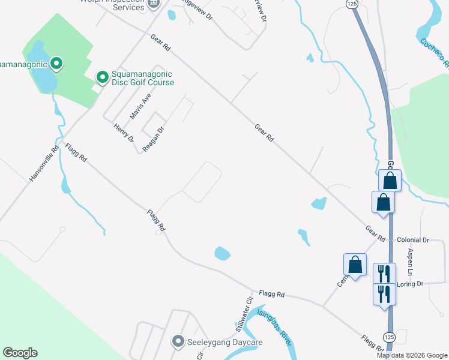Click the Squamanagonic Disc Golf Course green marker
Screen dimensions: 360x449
coord(103,77)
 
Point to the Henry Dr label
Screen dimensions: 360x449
coord(124,133)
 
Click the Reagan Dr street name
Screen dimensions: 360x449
coord(154,139)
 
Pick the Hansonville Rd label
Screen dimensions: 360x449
coord(44,164)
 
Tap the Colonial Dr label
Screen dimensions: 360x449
coord(413,240)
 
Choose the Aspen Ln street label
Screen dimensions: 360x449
coord(411,262)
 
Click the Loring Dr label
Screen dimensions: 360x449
coord(411,283)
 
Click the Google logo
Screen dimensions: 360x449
coord(20,353)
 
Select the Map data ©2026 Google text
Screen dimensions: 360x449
coord(411,355)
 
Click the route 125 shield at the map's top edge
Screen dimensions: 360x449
coord(352,4)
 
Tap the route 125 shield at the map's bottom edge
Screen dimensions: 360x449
coord(388,337)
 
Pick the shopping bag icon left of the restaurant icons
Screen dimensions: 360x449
coord(355,264)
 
